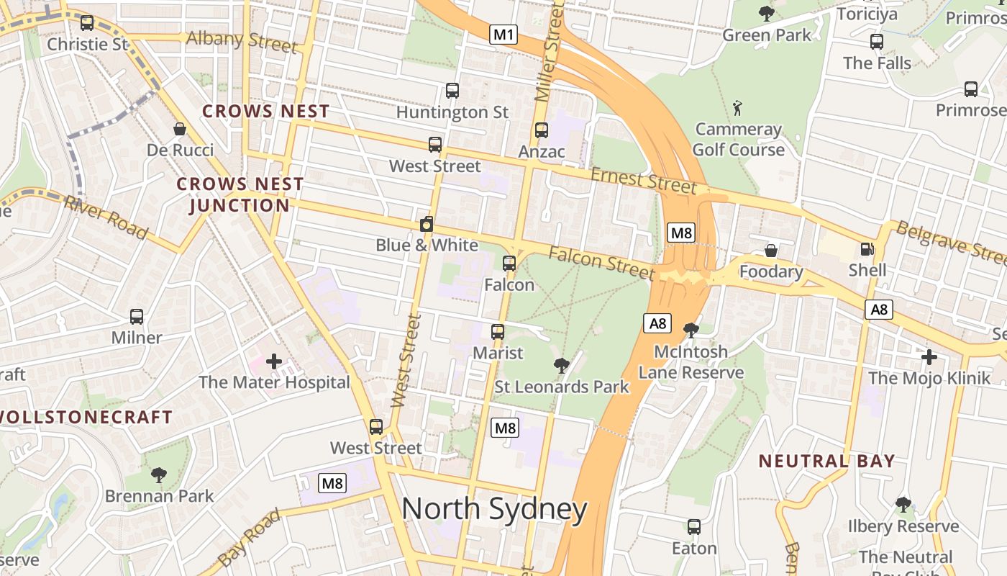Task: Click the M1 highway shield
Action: [x=503, y=34]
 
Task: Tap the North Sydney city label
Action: [x=494, y=509]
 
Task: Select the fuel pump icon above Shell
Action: [x=867, y=250]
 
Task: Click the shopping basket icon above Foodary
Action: [x=770, y=251]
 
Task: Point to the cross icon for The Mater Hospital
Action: [x=274, y=361]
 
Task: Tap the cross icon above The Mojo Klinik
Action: [x=929, y=356]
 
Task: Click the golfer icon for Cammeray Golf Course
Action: [x=737, y=109]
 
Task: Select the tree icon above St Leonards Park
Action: [x=562, y=366]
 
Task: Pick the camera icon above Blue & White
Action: [x=427, y=224]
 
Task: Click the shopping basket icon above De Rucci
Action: [x=180, y=129]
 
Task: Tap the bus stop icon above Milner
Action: [x=136, y=316]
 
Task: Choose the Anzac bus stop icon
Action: [x=542, y=130]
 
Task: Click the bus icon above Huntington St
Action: [x=452, y=91]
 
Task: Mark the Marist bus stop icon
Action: [x=498, y=332]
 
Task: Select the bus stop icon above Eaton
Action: [x=694, y=527]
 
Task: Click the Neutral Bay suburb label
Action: [x=826, y=462]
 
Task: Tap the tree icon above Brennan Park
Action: [x=159, y=474]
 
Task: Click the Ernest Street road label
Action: [x=643, y=181]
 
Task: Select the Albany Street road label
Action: [x=241, y=41]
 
